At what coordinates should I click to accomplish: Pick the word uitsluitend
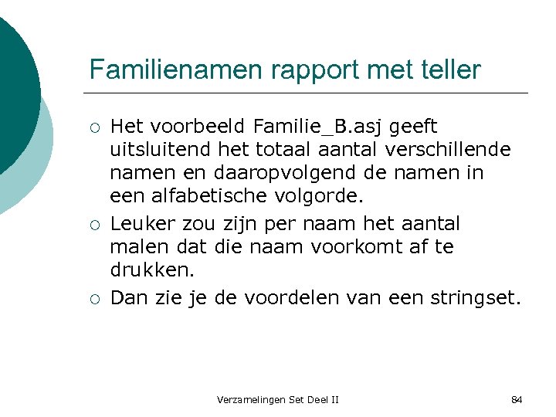(x=154, y=149)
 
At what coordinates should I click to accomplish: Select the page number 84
(x=517, y=399)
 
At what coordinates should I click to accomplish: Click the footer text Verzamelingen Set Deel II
(x=278, y=399)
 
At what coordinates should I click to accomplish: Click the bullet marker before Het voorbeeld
(x=93, y=127)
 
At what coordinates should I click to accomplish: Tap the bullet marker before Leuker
(x=93, y=225)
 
